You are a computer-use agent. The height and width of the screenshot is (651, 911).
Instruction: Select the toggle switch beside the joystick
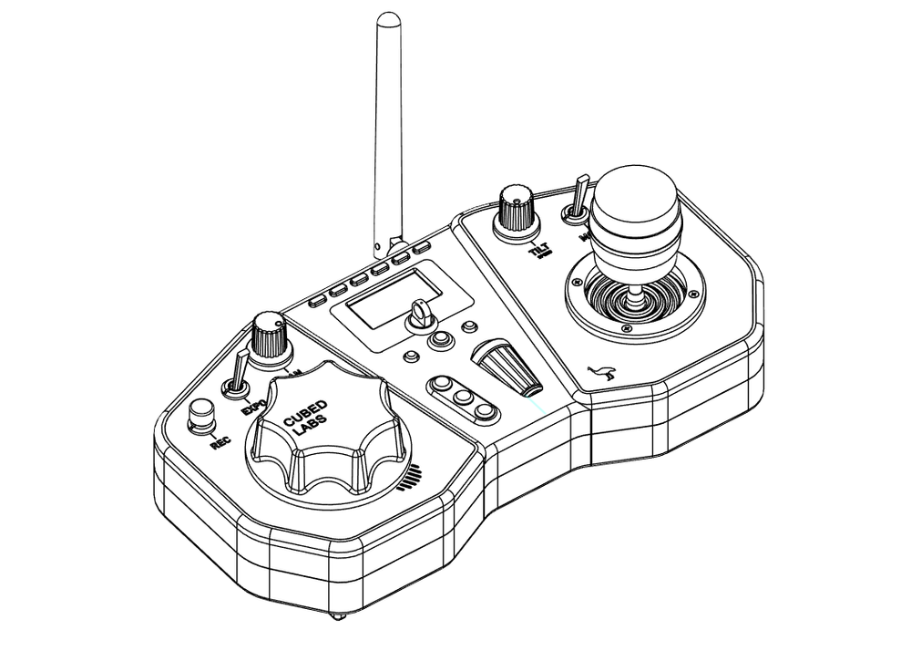[577, 203]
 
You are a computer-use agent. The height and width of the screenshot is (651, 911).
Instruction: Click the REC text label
[220, 443]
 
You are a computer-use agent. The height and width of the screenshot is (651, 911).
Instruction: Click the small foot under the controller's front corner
[338, 616]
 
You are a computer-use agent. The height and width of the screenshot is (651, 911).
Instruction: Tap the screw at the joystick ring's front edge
[626, 328]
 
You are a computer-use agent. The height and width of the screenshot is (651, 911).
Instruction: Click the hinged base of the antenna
[394, 247]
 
